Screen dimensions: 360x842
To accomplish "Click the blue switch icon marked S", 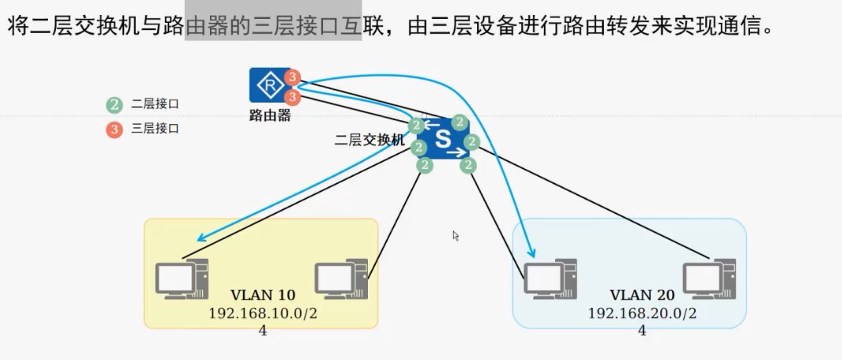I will pyautogui.click(x=443, y=138).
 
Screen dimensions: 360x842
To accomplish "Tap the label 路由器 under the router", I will pyautogui.click(x=270, y=116).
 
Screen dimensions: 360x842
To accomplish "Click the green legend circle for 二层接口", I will pyautogui.click(x=115, y=104).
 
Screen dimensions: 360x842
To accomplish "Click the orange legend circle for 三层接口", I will pyautogui.click(x=115, y=129).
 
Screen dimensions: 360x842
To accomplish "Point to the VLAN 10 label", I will pyautogui.click(x=263, y=296).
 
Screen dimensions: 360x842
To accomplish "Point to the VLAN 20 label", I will pyautogui.click(x=642, y=296).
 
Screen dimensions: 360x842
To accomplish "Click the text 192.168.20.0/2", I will pyautogui.click(x=642, y=313).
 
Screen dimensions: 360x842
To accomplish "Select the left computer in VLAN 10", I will pyautogui.click(x=182, y=279).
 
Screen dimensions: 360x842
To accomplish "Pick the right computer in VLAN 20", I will pyautogui.click(x=709, y=279).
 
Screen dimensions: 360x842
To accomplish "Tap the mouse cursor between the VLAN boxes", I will pyautogui.click(x=455, y=235).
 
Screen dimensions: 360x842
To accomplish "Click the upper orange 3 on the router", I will pyautogui.click(x=293, y=77).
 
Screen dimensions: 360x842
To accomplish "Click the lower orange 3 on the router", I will pyautogui.click(x=293, y=97).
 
